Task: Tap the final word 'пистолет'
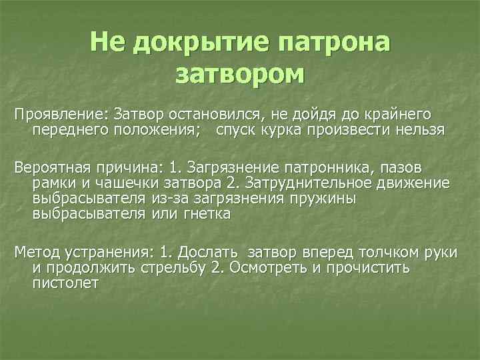65,283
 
